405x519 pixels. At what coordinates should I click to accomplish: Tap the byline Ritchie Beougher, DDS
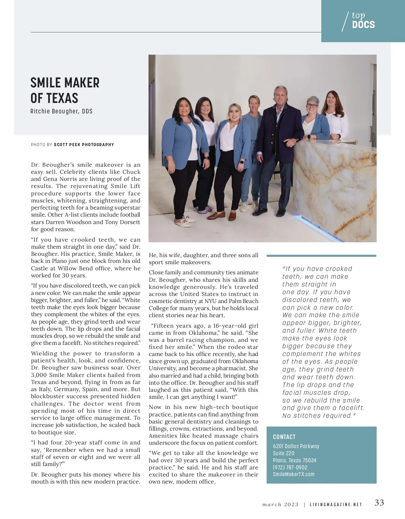coord(61,111)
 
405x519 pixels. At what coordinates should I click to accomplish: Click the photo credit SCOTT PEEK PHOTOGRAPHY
coord(84,145)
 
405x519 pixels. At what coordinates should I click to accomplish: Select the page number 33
coord(379,503)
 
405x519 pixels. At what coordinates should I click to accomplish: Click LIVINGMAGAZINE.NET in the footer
coord(336,505)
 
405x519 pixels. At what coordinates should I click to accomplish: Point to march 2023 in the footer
coord(280,505)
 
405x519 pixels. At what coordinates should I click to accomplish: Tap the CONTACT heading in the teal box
coord(284,437)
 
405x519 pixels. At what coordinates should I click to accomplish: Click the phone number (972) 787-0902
coord(290,467)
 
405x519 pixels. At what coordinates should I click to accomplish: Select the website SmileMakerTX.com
coord(294,474)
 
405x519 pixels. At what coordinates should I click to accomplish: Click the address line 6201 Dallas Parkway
coord(296,446)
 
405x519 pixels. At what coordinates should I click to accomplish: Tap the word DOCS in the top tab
coord(363,25)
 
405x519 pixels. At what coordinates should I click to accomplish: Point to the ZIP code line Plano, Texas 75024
coord(295,460)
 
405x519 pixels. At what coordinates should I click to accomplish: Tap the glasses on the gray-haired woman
coord(312,106)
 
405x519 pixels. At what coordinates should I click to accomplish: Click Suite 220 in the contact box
coord(283,453)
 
